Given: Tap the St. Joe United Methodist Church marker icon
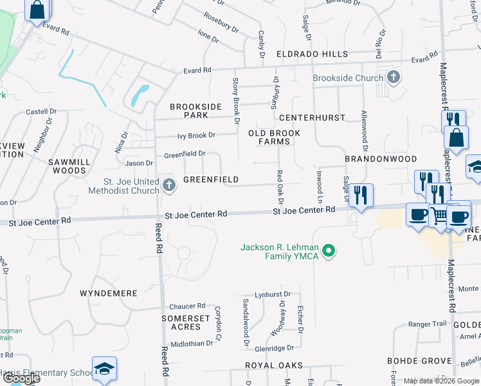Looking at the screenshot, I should (x=168, y=186).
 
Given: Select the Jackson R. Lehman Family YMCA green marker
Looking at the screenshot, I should (x=329, y=251).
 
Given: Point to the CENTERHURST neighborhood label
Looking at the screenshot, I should (x=312, y=118).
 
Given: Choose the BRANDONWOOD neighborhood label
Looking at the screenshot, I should (x=381, y=158).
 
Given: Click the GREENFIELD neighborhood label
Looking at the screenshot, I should (x=211, y=179).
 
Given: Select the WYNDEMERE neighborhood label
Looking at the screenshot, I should (x=109, y=293).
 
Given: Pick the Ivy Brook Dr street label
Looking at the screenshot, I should (x=196, y=135).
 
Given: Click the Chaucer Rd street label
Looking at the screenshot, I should (x=186, y=306).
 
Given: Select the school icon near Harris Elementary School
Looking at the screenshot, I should (x=104, y=368).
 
